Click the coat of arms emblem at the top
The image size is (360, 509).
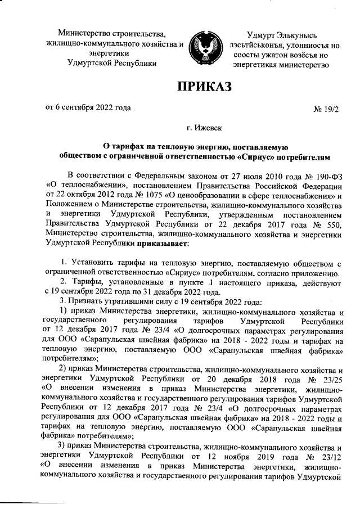point(204,44)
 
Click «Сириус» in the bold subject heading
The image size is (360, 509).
point(259,156)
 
